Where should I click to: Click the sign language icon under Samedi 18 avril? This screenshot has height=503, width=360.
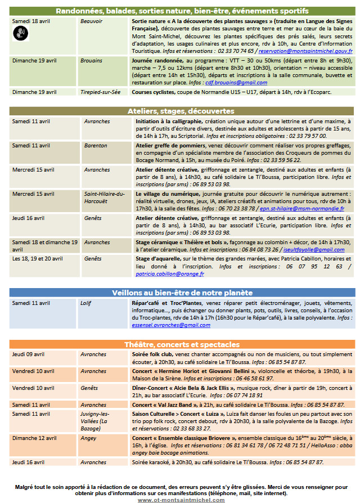20,33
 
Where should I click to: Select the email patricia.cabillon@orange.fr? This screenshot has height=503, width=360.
170,274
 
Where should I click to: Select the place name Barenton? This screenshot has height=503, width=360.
96,145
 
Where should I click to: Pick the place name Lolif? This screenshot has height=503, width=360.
85,303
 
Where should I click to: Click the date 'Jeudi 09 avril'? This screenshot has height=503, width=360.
29,354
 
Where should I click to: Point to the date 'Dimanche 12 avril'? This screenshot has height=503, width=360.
34,437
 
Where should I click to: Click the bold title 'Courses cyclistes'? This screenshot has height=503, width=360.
155,92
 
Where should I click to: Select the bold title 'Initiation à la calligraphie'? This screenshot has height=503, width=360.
166,121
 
